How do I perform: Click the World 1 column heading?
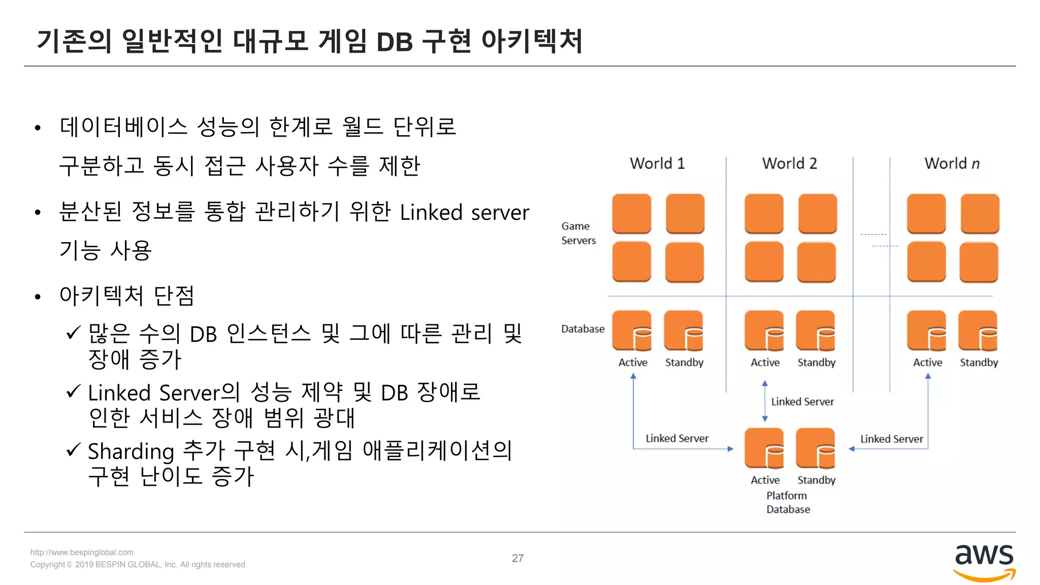(657, 164)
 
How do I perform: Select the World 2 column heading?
(789, 164)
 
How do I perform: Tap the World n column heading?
(952, 164)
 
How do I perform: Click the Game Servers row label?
(578, 233)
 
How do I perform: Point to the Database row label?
(582, 329)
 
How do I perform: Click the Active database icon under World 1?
(632, 331)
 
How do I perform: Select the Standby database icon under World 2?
(816, 331)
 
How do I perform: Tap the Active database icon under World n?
(927, 331)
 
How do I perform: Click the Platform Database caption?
(788, 502)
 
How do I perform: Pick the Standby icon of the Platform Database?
(816, 448)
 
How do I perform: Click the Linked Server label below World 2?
(802, 402)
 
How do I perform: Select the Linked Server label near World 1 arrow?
(677, 438)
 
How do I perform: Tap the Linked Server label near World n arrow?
(891, 439)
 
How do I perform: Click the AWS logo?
(984, 562)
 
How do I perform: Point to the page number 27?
(517, 558)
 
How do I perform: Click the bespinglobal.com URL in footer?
(82, 552)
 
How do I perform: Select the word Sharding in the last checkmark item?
(131, 451)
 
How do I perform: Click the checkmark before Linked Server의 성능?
(74, 391)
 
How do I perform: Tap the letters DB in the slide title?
(394, 42)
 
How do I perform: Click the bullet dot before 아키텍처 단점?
(38, 297)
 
